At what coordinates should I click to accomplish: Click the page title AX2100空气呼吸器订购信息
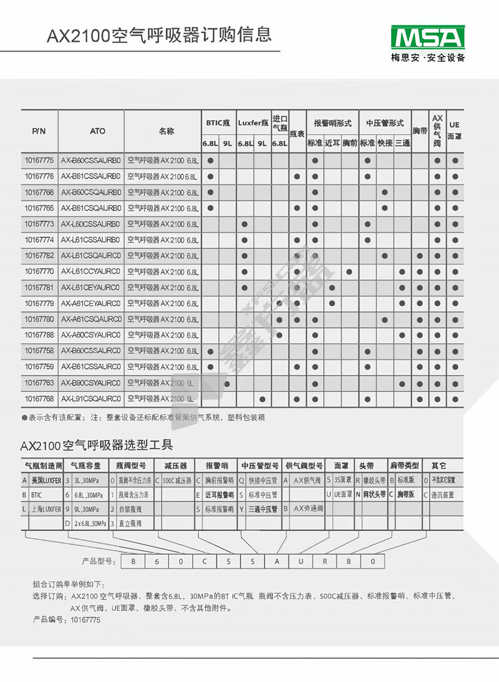[x=159, y=34]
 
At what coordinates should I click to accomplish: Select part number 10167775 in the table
[x=39, y=160]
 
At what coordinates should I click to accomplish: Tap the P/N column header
[x=39, y=131]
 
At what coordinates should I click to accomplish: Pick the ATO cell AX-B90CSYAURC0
[x=91, y=382]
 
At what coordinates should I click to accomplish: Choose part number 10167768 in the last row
[x=39, y=398]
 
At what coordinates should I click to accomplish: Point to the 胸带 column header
[x=420, y=131]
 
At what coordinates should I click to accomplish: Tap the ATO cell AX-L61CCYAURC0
[x=91, y=271]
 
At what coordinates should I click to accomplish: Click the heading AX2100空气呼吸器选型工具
[x=97, y=445]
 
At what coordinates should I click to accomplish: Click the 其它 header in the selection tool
[x=442, y=465]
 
